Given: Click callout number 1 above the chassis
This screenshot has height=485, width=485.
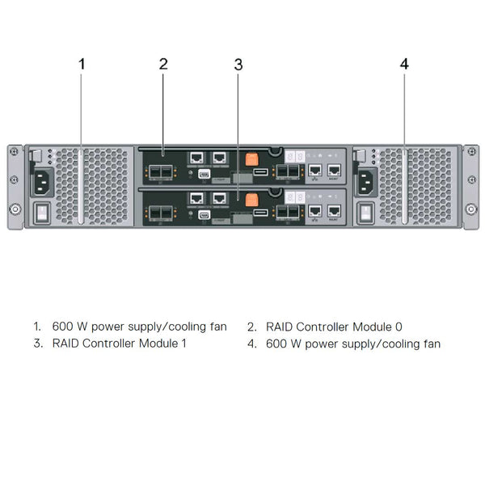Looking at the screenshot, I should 81,64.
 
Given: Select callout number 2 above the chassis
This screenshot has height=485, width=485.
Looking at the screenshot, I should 163,64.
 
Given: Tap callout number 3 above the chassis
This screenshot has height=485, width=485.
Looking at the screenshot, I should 238,65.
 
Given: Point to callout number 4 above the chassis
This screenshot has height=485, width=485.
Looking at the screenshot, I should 404,64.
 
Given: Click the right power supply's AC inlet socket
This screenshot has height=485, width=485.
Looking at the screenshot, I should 365,183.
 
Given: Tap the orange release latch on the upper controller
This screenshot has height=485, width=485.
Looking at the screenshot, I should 251,158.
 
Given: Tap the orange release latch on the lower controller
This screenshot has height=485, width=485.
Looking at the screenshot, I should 251,198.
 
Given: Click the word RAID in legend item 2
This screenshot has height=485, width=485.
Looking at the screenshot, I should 280,327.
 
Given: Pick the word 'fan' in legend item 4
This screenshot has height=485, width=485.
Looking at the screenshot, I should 431,344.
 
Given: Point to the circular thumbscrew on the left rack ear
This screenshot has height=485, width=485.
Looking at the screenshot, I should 15,209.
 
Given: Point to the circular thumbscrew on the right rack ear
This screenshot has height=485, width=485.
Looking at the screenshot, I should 470,209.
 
